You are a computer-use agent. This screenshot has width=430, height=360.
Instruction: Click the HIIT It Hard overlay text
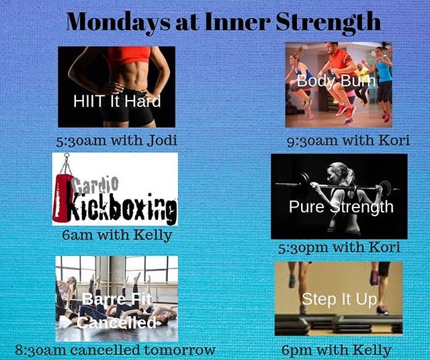(x=117, y=102)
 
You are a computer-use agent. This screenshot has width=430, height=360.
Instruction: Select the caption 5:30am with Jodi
(x=116, y=141)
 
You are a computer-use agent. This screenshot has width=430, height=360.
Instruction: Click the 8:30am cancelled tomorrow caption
(x=116, y=350)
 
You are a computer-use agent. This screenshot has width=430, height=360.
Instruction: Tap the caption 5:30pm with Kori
(x=339, y=247)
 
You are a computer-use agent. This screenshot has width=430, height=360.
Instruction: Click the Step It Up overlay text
(x=339, y=300)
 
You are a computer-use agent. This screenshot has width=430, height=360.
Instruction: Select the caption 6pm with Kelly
(x=338, y=350)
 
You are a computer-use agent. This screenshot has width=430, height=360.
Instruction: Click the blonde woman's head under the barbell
(x=337, y=175)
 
